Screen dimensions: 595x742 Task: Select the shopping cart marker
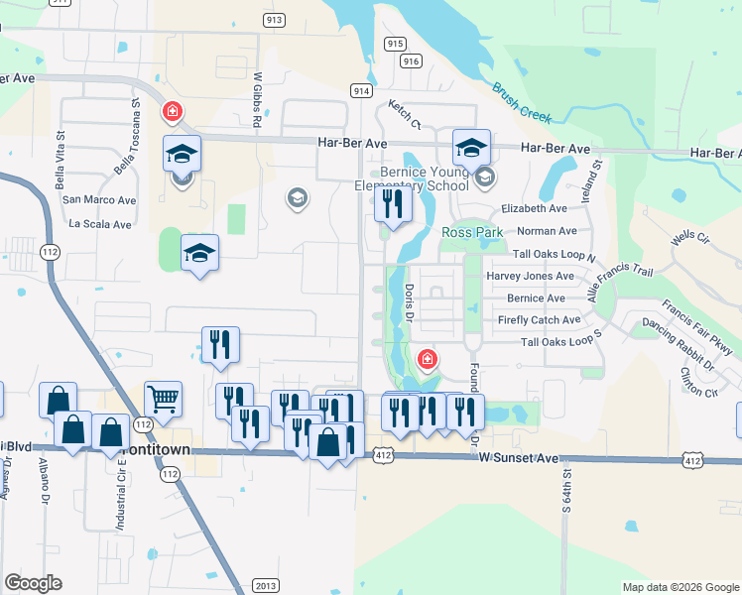coord(163,400)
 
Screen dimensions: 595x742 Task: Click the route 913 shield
coord(275,20)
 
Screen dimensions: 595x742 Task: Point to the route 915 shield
coord(395,43)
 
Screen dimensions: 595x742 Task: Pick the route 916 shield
coord(412,60)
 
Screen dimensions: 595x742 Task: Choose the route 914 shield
coord(361,90)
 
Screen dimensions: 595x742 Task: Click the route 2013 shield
coord(264,585)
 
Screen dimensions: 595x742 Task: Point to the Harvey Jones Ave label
coord(530,276)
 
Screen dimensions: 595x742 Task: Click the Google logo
coord(33,582)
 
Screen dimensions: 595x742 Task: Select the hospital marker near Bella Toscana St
coord(173,111)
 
